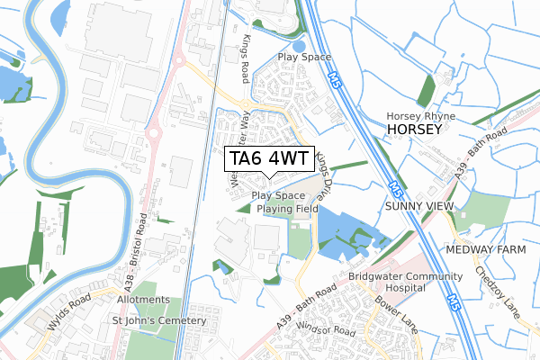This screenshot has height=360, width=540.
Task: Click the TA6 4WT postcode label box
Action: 269,159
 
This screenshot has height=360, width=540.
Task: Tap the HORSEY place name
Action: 415,130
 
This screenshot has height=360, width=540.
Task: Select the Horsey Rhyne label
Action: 421,117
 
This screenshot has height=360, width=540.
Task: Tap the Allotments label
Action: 141,299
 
